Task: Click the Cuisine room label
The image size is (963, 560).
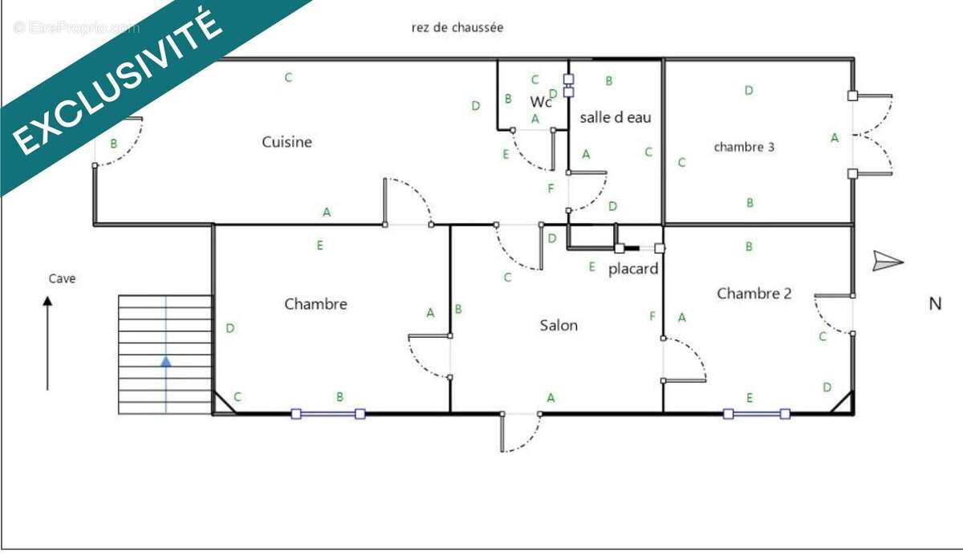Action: click(x=286, y=142)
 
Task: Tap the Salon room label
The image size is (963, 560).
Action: click(x=559, y=326)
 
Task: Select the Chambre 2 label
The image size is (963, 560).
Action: click(x=754, y=294)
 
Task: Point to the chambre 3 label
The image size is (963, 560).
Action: click(x=744, y=147)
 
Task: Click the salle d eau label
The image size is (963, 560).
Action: click(x=616, y=117)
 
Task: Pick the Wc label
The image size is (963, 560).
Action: click(x=540, y=102)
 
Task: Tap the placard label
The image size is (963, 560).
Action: click(x=633, y=269)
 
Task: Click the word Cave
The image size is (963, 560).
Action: click(x=62, y=278)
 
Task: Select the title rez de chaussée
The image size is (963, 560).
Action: click(x=457, y=27)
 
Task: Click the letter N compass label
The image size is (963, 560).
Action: click(x=935, y=304)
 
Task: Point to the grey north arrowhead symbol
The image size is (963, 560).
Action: click(x=888, y=262)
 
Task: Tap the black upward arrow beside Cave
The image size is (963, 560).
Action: click(x=47, y=343)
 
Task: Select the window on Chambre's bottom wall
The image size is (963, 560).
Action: click(x=328, y=414)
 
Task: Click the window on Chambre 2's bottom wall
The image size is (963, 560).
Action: click(x=757, y=414)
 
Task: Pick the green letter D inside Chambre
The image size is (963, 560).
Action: click(x=230, y=328)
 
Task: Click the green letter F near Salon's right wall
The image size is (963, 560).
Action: click(x=652, y=316)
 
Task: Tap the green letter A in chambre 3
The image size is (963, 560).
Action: click(x=835, y=138)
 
